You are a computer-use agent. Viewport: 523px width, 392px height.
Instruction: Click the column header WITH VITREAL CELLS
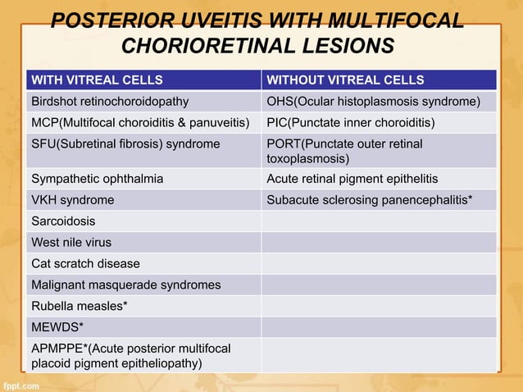point(96,80)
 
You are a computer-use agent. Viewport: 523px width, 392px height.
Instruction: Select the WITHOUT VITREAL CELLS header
point(345,80)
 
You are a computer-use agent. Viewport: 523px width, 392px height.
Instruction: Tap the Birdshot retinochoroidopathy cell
point(110,102)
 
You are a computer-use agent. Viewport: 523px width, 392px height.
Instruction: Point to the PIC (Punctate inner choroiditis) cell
point(351,123)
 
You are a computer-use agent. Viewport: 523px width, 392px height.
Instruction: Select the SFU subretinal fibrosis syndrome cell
point(125,144)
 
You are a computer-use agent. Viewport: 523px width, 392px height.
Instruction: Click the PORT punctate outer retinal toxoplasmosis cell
point(344,151)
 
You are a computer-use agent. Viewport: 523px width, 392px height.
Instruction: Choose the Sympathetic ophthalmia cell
point(97,179)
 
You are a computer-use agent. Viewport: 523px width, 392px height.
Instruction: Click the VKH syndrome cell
point(72,200)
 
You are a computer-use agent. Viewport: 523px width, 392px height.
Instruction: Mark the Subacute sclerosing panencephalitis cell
point(369,200)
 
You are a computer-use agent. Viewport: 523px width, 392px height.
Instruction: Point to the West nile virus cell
point(71,243)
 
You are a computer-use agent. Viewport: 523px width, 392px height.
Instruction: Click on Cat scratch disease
point(85,264)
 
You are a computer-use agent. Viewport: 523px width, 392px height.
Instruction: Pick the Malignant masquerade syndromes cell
point(125,285)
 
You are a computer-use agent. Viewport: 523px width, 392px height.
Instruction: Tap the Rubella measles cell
point(78,307)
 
